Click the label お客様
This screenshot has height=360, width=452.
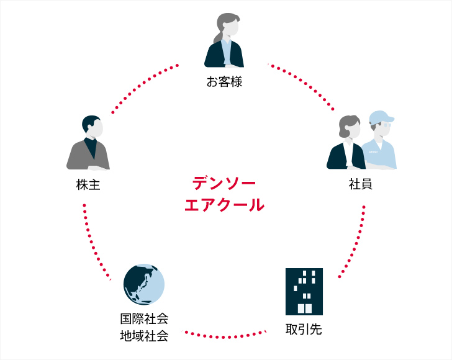tap(224, 81)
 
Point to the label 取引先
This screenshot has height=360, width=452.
tap(304, 328)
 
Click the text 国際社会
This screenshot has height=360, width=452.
tap(144, 319)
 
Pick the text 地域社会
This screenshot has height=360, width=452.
tap(144, 336)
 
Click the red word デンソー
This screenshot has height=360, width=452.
tap(224, 183)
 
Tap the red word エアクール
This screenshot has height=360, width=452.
tap(224, 204)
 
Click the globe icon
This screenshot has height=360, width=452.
tap(144, 284)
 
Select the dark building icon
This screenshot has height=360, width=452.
tap(304, 291)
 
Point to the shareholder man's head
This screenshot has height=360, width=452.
tap(93, 125)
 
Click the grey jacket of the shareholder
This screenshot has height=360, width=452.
tap(78, 155)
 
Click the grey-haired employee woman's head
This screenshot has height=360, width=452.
tap(350, 127)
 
